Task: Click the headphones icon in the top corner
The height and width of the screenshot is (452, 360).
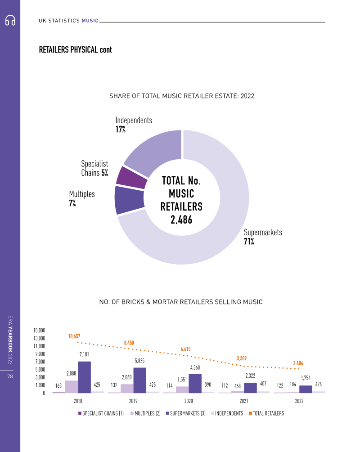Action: click(x=10, y=21)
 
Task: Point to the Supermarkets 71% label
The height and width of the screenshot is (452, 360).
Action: click(x=263, y=237)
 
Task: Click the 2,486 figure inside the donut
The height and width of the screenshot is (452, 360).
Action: click(x=181, y=219)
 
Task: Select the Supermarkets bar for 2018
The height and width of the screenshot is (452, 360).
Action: click(x=84, y=377)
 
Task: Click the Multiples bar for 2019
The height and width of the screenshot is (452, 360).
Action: click(x=126, y=388)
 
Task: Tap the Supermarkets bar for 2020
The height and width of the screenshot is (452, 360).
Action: click(x=195, y=383)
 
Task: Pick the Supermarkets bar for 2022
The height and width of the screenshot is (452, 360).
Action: click(x=306, y=389)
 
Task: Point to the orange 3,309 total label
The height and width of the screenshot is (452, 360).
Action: click(x=242, y=358)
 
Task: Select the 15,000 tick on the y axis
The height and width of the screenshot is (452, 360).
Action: click(x=39, y=331)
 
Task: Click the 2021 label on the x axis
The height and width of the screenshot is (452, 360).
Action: click(x=244, y=400)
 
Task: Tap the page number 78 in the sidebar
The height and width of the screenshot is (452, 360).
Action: click(x=10, y=377)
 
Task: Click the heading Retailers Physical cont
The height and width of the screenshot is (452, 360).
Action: click(x=76, y=49)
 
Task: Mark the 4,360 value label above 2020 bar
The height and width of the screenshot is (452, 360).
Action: click(x=195, y=367)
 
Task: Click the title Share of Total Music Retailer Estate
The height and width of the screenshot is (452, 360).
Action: click(x=182, y=96)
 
